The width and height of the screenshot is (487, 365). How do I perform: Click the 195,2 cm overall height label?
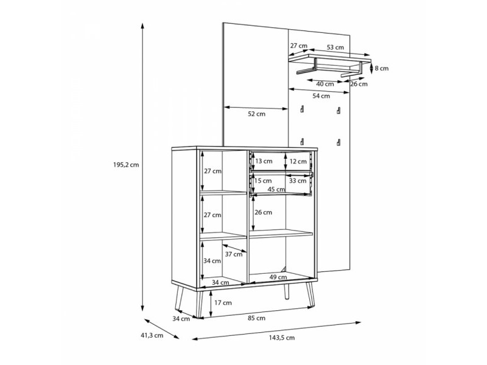point(126,165)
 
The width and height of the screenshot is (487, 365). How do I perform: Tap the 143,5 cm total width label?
point(282,338)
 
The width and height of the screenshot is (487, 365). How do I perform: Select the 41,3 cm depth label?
point(152,335)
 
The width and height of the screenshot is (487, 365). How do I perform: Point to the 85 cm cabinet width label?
point(256,318)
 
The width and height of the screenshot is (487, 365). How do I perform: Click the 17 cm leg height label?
point(223,302)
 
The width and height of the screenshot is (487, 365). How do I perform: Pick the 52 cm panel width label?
point(256,114)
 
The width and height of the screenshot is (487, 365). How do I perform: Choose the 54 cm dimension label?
point(321,96)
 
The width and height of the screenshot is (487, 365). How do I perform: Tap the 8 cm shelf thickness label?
point(382,68)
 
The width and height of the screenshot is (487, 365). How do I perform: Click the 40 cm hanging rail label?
point(325,84)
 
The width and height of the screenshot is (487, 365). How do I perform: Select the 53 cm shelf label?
point(335,47)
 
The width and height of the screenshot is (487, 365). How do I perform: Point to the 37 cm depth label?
point(234,254)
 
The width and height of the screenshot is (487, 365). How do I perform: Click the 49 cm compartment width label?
point(278,277)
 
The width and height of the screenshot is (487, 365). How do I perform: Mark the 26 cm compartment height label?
point(263,212)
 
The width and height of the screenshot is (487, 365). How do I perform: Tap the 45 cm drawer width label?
point(276,189)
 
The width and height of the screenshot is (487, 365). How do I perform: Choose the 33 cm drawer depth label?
point(298,181)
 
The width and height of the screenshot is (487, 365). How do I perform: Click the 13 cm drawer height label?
point(264,161)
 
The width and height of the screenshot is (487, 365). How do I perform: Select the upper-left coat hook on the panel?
point(302,109)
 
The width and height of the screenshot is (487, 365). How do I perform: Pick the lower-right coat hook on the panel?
point(338,142)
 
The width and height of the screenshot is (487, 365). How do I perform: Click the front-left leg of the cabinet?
point(200,304)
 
